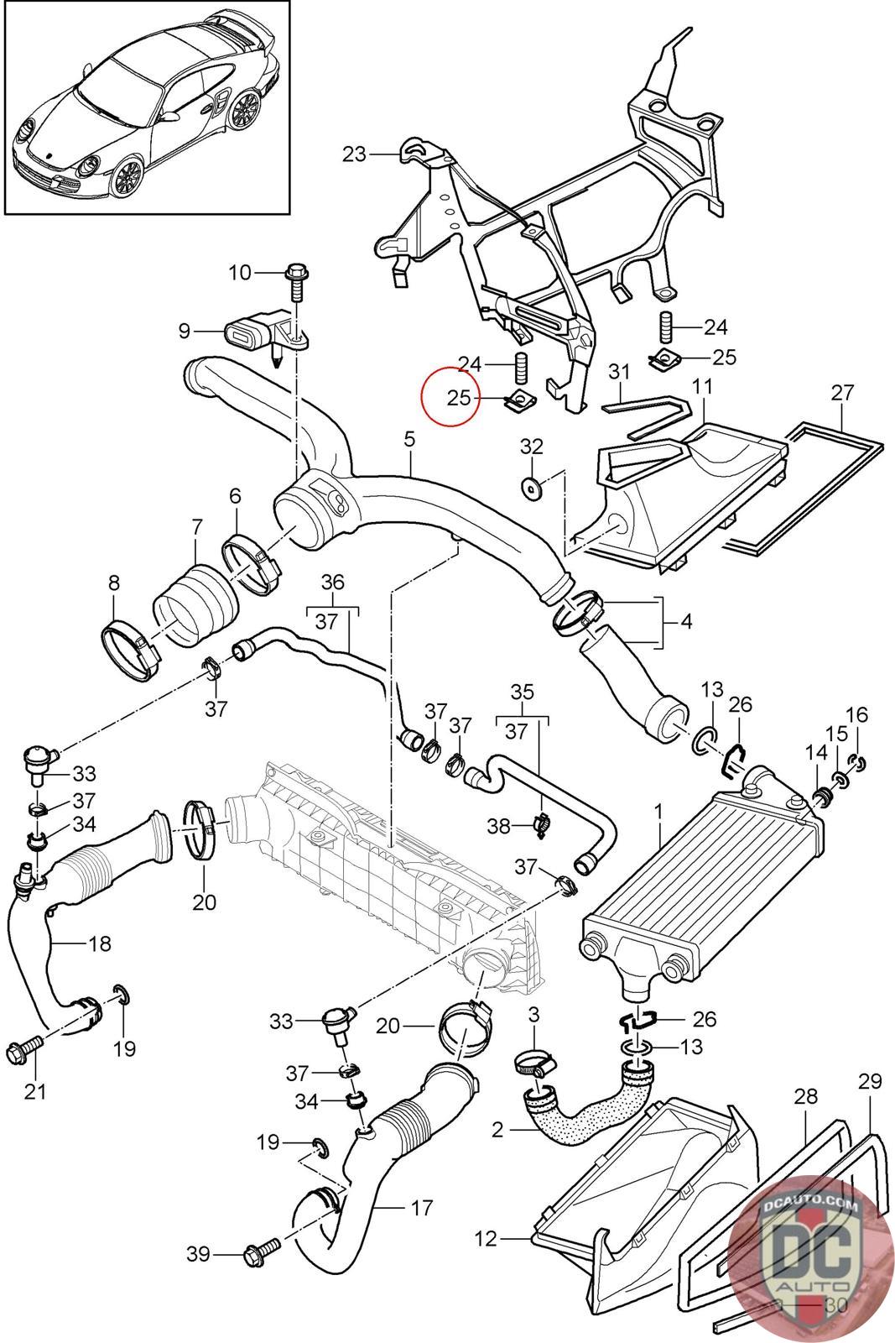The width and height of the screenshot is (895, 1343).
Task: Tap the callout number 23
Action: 354,154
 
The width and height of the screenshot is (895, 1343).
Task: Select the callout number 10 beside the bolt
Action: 240,273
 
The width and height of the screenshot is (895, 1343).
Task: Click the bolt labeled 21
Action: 24,1048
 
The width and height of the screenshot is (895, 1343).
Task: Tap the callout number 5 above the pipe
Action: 409,440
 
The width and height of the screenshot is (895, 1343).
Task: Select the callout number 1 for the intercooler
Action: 658,813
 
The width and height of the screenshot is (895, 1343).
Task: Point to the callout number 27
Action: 842,393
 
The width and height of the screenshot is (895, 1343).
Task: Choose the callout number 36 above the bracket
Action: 332,583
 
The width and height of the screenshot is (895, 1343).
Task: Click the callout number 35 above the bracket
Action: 522,692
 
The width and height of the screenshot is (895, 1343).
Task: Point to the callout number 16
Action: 856,714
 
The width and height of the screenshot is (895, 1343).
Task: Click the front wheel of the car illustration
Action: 127,176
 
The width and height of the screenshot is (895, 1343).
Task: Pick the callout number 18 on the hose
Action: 100,943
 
